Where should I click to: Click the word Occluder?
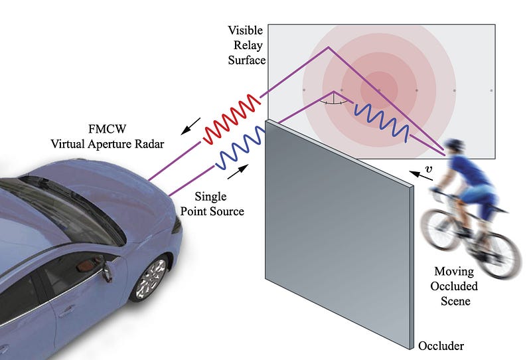tap(441, 346)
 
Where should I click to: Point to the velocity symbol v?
tap(429, 170)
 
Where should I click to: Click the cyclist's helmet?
tap(455, 146)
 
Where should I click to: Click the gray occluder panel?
tap(339, 226)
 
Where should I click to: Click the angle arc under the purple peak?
tap(333, 103)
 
